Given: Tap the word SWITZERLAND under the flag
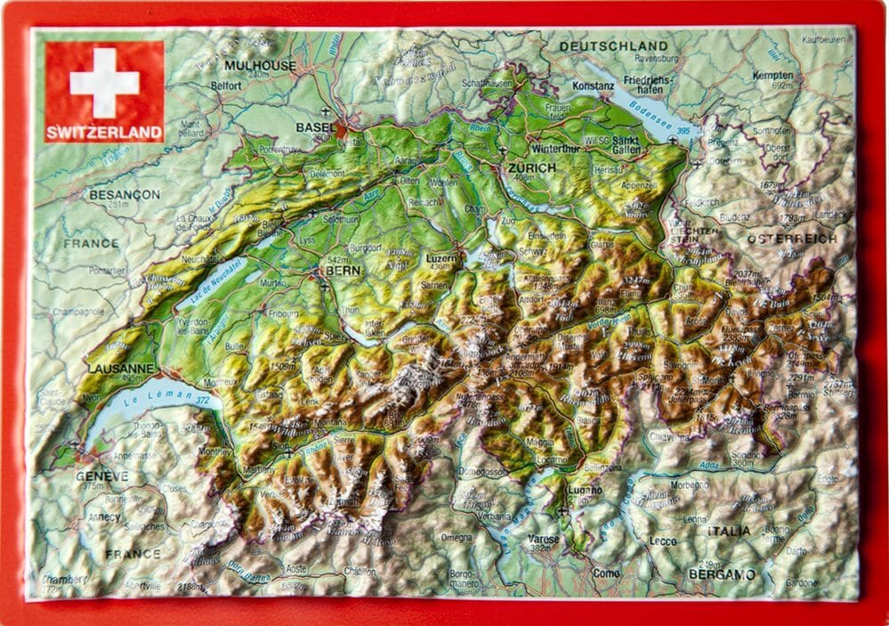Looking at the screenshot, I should (x=104, y=134).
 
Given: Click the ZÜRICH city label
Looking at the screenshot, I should (x=531, y=167).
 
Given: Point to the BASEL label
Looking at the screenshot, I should (x=317, y=128).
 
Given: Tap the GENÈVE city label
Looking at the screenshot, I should (x=101, y=476).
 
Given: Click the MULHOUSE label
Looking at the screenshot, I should (x=260, y=66).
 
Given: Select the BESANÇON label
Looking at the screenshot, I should (x=125, y=194).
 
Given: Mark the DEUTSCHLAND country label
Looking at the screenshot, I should (x=613, y=45).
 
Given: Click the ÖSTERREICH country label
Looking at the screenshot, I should (x=791, y=239).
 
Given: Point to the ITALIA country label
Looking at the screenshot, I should (x=729, y=531).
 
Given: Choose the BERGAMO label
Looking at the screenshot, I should (x=721, y=574).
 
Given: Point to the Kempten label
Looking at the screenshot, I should (x=772, y=76).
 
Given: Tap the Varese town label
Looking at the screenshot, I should (x=543, y=540).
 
